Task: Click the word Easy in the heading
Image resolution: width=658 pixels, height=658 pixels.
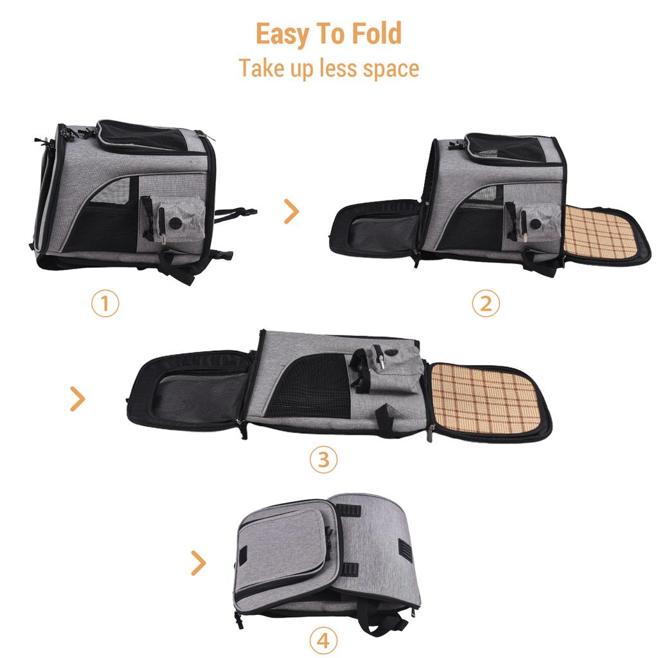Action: click(281, 35)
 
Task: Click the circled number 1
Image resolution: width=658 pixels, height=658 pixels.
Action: click(105, 303)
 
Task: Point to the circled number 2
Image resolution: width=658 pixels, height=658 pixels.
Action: click(486, 303)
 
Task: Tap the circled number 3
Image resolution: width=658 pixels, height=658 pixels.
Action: click(323, 459)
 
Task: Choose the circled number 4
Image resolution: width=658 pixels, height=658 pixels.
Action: click(323, 640)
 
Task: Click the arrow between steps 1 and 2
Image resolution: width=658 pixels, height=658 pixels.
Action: click(292, 211)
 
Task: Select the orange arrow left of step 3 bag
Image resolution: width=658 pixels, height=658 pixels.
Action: click(78, 399)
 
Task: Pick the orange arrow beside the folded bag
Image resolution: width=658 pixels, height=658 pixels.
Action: click(199, 563)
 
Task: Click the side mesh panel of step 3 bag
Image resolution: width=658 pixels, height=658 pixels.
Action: click(308, 386)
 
